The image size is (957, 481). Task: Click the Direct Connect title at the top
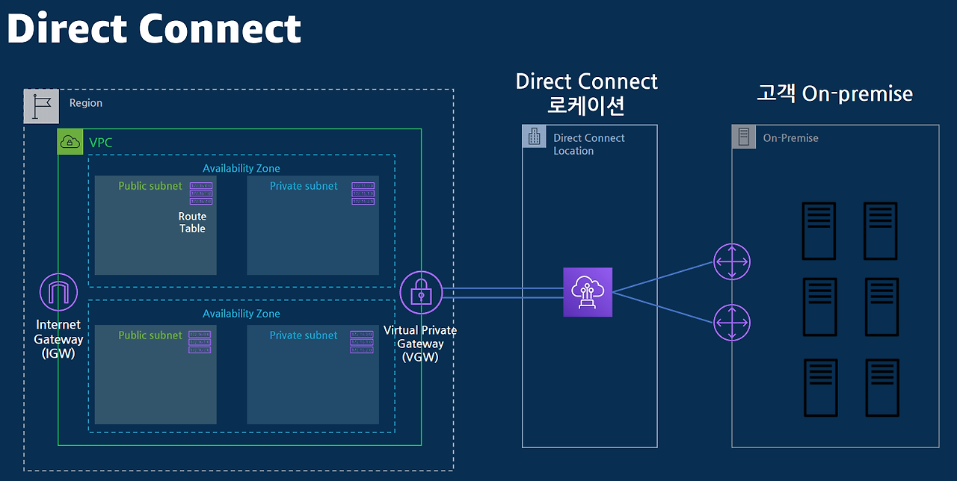click(153, 28)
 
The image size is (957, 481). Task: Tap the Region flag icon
click(41, 106)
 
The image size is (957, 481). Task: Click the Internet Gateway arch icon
click(58, 292)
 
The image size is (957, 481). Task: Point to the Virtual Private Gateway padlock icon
click(422, 292)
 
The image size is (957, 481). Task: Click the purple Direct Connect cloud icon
click(588, 292)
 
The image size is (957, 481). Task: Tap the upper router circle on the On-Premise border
click(732, 261)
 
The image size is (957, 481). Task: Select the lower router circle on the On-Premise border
click(732, 323)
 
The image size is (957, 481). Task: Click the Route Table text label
click(192, 223)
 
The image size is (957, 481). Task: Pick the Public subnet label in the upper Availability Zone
click(150, 186)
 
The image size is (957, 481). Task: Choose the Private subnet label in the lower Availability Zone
click(304, 335)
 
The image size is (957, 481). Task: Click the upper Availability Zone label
click(241, 169)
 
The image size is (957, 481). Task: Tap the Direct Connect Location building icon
click(534, 136)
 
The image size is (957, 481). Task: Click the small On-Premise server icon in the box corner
click(743, 137)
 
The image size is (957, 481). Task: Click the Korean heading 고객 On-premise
click(834, 93)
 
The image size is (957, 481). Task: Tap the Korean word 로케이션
click(586, 105)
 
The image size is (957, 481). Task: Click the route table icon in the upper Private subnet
click(363, 193)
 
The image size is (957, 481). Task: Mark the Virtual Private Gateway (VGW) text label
click(420, 344)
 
